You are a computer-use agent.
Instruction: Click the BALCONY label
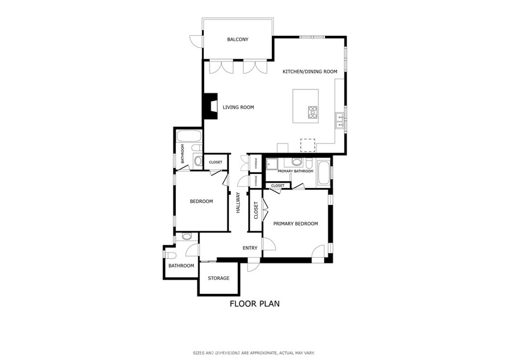point(238,40)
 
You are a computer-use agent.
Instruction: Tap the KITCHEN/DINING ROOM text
point(310,72)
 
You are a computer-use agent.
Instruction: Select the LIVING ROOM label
point(238,107)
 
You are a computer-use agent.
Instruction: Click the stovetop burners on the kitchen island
point(313,112)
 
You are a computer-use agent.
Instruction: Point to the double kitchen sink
point(340,121)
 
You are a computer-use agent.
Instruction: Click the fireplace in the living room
point(210,106)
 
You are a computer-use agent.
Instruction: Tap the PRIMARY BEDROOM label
point(295,224)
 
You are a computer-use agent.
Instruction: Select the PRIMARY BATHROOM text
point(295,171)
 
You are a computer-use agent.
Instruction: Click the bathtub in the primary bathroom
point(323,174)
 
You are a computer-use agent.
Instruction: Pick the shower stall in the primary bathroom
point(272,164)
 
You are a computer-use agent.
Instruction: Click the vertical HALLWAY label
point(238,203)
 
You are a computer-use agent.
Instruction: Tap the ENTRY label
point(250,248)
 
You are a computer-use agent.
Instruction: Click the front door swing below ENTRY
point(254,265)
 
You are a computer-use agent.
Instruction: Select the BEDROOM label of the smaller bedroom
point(201,201)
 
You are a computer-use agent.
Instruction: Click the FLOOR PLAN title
point(255,304)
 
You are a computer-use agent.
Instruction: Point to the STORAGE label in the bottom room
point(219,278)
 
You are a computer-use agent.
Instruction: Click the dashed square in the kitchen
point(307,145)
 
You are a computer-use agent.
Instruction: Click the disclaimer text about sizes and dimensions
point(254,353)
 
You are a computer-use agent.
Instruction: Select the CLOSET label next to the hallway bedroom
point(216,162)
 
